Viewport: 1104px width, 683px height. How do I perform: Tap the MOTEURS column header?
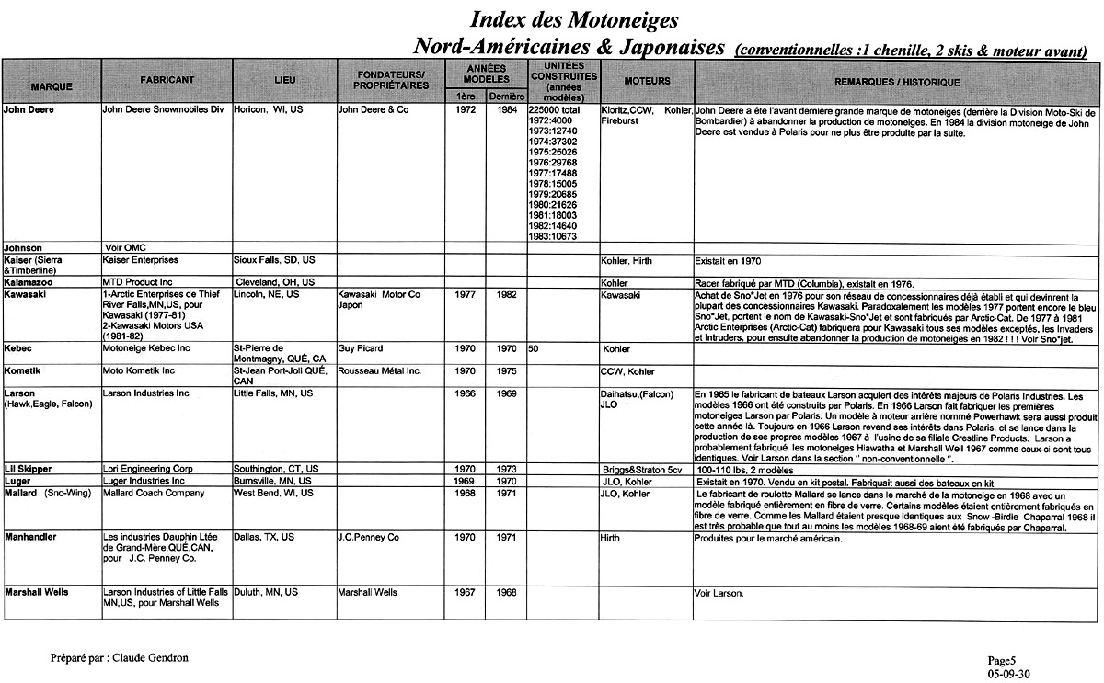coord(647,81)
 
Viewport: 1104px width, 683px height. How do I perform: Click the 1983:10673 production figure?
coord(553,236)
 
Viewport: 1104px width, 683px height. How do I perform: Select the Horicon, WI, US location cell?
coord(267,109)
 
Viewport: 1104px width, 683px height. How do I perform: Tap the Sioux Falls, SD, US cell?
coord(274,260)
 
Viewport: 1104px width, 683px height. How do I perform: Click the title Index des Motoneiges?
coord(575,18)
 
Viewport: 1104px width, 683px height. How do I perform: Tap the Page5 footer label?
coord(1001,660)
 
